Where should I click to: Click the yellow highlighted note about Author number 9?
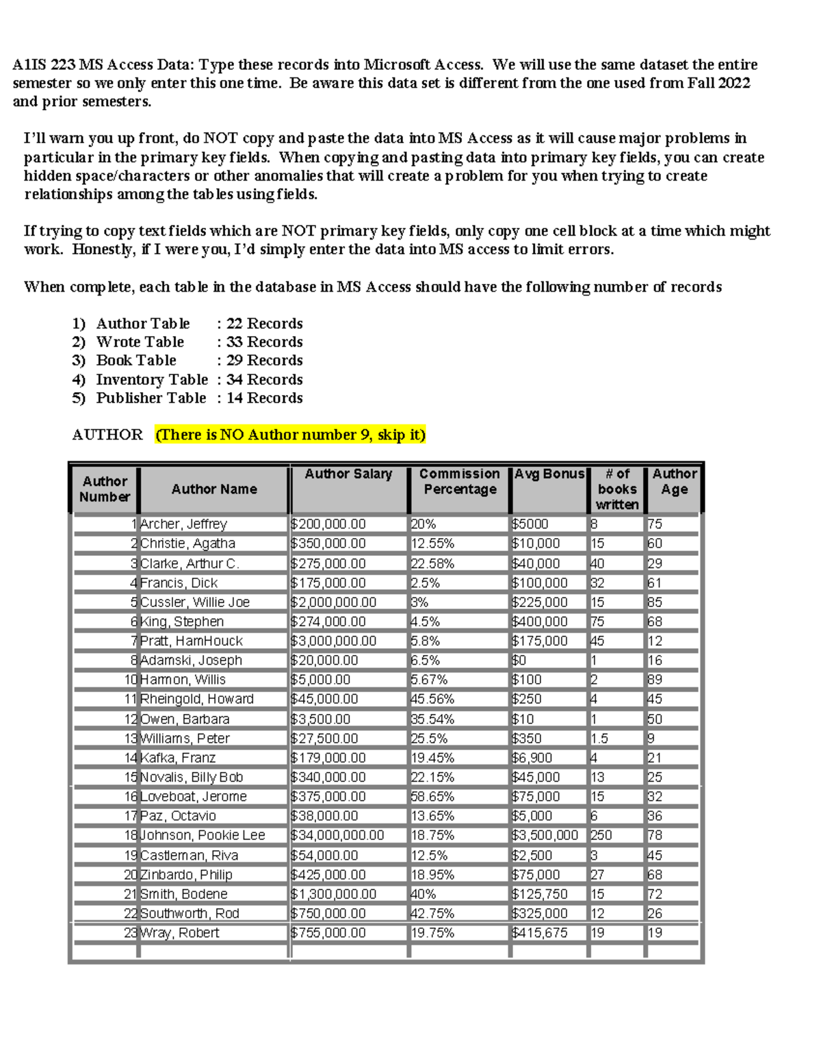coord(290,435)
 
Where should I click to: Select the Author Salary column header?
coord(348,474)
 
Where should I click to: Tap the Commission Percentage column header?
coord(459,481)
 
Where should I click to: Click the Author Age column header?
coord(674,481)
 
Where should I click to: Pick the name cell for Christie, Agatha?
coord(187,543)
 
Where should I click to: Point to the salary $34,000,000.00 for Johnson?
coord(337,835)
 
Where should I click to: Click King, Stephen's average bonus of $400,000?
coord(539,622)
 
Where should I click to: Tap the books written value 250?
coord(601,835)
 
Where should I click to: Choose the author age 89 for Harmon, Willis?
coord(655,680)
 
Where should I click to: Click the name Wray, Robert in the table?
coord(179,933)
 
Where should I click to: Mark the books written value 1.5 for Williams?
coord(599,739)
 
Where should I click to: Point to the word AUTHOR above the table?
coord(107,435)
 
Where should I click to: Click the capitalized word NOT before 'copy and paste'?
coord(220,138)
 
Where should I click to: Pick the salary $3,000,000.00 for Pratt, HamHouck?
coord(333,641)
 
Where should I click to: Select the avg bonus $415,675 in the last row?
coord(539,933)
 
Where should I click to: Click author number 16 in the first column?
coord(131,797)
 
